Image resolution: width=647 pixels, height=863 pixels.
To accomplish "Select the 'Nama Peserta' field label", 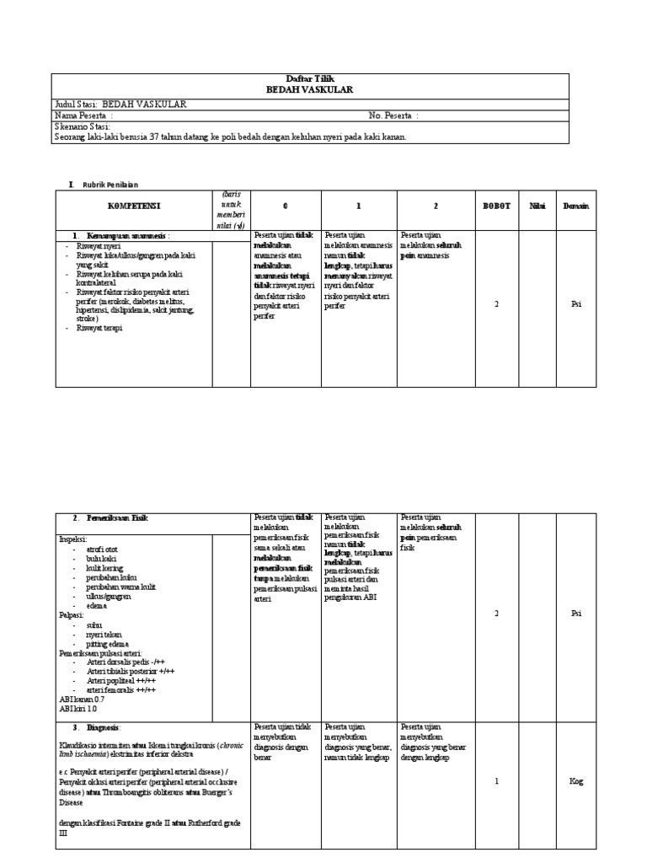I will (x=82, y=115).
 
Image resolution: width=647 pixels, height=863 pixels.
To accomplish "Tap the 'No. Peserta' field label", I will (x=393, y=115).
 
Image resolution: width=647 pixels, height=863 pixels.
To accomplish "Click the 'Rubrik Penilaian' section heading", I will (x=110, y=183).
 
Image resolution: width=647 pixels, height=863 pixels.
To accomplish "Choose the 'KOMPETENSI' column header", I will (x=133, y=206).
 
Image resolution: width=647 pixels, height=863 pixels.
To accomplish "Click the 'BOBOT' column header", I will (x=495, y=206).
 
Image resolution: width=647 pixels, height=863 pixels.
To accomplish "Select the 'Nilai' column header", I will (x=537, y=206).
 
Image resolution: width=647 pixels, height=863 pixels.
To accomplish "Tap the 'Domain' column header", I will (x=576, y=206).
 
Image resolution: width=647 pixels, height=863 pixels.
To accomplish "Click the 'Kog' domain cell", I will (x=576, y=781).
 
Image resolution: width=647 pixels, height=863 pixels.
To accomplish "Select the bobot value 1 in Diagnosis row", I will (x=496, y=781).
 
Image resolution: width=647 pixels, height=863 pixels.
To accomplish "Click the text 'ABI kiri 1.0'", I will (x=78, y=709).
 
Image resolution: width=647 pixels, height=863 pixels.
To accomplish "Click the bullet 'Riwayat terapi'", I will (x=99, y=328).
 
